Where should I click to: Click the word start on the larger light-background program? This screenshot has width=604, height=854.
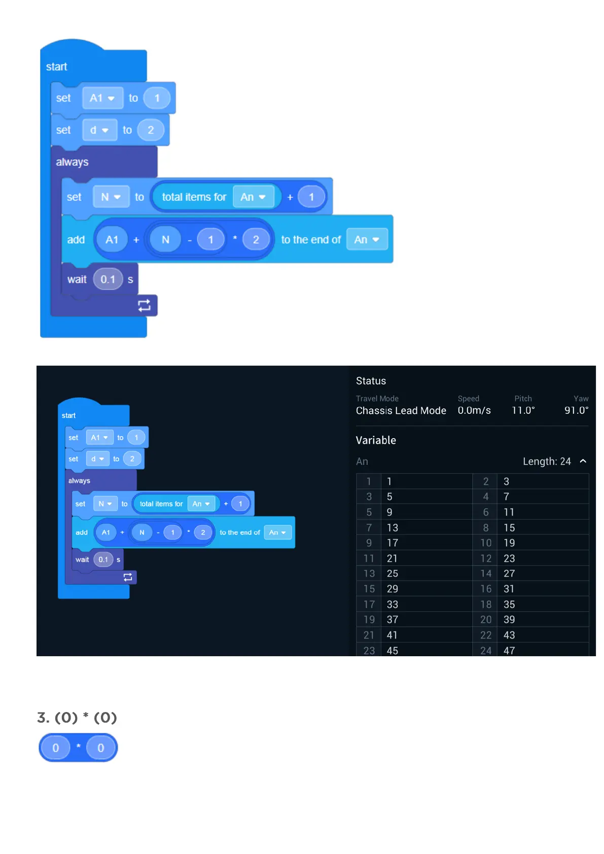coord(56,67)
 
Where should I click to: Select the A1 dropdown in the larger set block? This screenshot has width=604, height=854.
coord(102,98)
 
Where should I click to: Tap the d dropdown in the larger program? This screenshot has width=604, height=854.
coord(99,130)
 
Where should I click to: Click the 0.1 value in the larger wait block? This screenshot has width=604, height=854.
coord(108,279)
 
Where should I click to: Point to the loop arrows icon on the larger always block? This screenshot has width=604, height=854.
coord(144,305)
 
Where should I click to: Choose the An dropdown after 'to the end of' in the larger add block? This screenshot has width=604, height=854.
coord(367,239)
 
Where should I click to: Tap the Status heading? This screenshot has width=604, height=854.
coord(371,381)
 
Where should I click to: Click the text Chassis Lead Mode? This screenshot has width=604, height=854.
coord(401,410)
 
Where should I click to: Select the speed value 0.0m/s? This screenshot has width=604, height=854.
coord(474,410)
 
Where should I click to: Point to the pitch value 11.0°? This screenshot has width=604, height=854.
coord(523,410)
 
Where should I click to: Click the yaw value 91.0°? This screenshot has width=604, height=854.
coord(576,410)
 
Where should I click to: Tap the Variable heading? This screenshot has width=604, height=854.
coord(376,440)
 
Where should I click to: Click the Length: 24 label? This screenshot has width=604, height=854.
coord(547,461)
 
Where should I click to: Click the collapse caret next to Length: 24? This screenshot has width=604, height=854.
coord(583,461)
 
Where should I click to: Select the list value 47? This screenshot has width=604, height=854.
coord(509,651)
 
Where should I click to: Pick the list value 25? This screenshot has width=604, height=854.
coord(393,574)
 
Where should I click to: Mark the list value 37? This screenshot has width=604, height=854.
coord(393,620)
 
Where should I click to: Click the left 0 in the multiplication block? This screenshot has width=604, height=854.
coord(56,748)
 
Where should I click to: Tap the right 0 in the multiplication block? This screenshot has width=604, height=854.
coord(101,748)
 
